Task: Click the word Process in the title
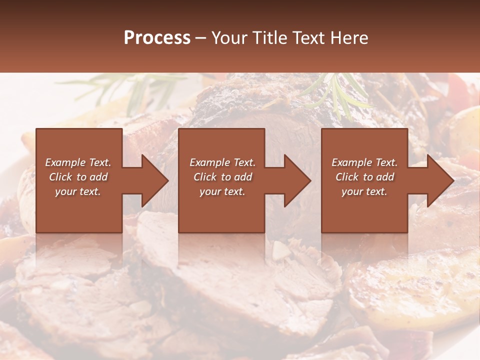[157, 38]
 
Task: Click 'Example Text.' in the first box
[78, 162]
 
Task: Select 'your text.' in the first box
[78, 191]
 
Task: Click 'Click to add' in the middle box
[222, 177]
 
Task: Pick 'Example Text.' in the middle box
[222, 162]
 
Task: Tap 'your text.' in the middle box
[222, 191]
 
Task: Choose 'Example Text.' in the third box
[364, 162]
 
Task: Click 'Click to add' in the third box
[364, 177]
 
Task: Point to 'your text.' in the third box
[364, 191]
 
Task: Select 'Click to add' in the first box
[78, 177]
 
